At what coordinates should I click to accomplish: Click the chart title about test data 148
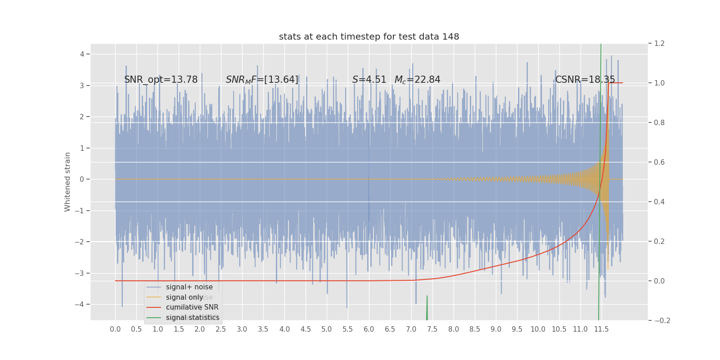[369, 37]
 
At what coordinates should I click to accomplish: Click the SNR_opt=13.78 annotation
[161, 80]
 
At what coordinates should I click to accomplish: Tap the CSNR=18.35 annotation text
[585, 80]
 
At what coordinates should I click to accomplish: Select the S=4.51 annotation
[369, 80]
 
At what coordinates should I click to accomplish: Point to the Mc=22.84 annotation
[417, 80]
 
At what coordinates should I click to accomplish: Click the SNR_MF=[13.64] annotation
[262, 80]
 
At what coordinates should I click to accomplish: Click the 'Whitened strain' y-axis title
[67, 182]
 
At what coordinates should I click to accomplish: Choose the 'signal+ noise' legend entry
[189, 287]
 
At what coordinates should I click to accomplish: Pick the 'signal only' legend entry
[184, 297]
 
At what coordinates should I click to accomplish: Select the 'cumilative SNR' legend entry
[192, 307]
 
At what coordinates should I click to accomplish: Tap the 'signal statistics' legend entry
[193, 318]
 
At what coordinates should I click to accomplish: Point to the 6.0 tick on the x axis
[369, 329]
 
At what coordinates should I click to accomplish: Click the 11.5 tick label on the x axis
[601, 329]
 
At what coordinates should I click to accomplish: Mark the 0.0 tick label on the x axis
[115, 329]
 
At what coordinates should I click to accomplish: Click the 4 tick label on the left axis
[82, 54]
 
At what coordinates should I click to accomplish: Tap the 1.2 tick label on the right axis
[659, 43]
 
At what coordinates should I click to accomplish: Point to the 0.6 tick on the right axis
[659, 162]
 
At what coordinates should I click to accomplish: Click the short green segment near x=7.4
[427, 308]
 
